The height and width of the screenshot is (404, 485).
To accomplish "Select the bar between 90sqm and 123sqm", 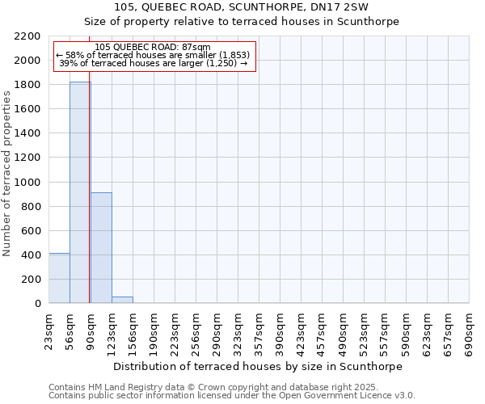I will [101, 247].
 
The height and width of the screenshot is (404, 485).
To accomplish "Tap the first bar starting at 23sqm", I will [59, 278].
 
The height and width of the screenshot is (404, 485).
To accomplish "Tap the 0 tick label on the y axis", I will [39, 304].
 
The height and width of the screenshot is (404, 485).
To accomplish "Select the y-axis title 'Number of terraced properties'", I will [7, 174].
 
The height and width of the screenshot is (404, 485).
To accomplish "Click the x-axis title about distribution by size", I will [258, 366].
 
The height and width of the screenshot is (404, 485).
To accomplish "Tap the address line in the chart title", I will [242, 6].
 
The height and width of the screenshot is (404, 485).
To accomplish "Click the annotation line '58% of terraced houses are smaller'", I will [154, 55].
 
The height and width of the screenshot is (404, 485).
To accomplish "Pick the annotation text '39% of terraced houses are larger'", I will [154, 63].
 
